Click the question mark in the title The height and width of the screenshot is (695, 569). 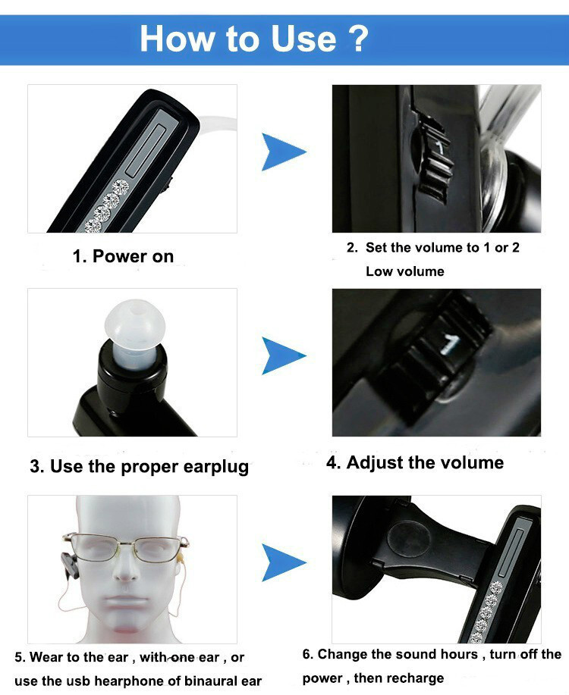coord(356,39)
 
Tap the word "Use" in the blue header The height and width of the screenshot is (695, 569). coord(303,39)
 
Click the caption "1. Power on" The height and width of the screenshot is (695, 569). coord(123,256)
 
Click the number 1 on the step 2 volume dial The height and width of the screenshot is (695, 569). coord(439,147)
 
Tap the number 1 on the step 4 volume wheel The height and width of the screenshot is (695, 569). coord(450,344)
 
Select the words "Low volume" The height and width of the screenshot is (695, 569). coord(405,271)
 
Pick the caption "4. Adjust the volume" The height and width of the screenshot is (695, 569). coord(415,463)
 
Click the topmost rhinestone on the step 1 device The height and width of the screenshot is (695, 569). coord(121,187)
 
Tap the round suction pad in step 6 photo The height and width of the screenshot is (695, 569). coord(409,540)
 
